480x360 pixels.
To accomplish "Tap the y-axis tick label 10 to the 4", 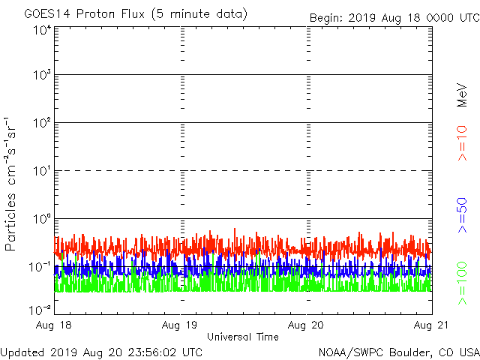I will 41,30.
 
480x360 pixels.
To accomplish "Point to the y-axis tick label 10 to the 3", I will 41,76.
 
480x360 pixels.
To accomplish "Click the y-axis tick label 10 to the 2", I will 41,124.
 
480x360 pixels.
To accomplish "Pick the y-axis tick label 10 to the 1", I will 41,172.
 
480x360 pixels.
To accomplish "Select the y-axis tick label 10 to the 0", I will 41,220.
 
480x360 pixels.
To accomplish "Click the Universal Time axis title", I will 243,337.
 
